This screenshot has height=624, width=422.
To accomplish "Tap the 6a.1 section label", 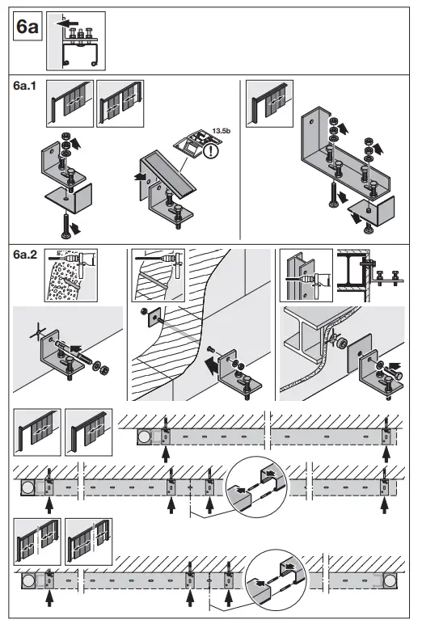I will coord(27,86).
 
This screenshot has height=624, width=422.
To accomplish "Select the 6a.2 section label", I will coord(27,255).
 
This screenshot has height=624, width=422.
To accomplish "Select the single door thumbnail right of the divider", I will coord(268,104).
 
